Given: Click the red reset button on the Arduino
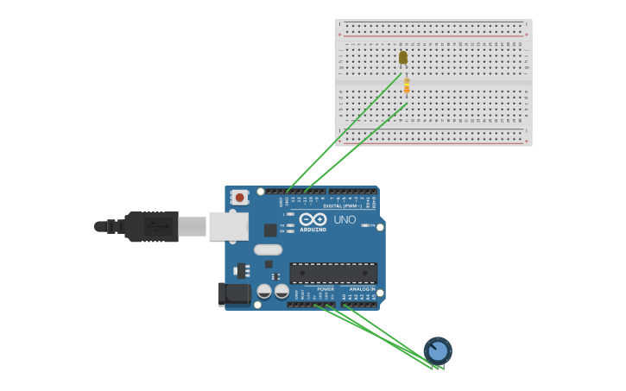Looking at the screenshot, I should click(240, 198).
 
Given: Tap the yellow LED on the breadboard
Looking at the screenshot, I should click(403, 58).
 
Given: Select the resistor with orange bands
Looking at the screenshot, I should click(407, 86).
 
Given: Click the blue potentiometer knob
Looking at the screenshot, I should click(438, 350).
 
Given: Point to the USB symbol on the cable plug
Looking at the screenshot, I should click(156, 227).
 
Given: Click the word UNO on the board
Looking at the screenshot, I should click(345, 219).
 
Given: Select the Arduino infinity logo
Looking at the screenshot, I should click(313, 218).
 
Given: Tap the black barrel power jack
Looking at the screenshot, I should click(233, 294).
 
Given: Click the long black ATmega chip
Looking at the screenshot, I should click(332, 273).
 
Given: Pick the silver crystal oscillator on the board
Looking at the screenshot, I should click(268, 249).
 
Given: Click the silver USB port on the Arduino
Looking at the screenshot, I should click(229, 226).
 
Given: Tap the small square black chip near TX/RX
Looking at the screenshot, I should click(270, 230).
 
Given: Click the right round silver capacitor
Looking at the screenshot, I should click(281, 292).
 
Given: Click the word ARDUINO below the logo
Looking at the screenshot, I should click(313, 230).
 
